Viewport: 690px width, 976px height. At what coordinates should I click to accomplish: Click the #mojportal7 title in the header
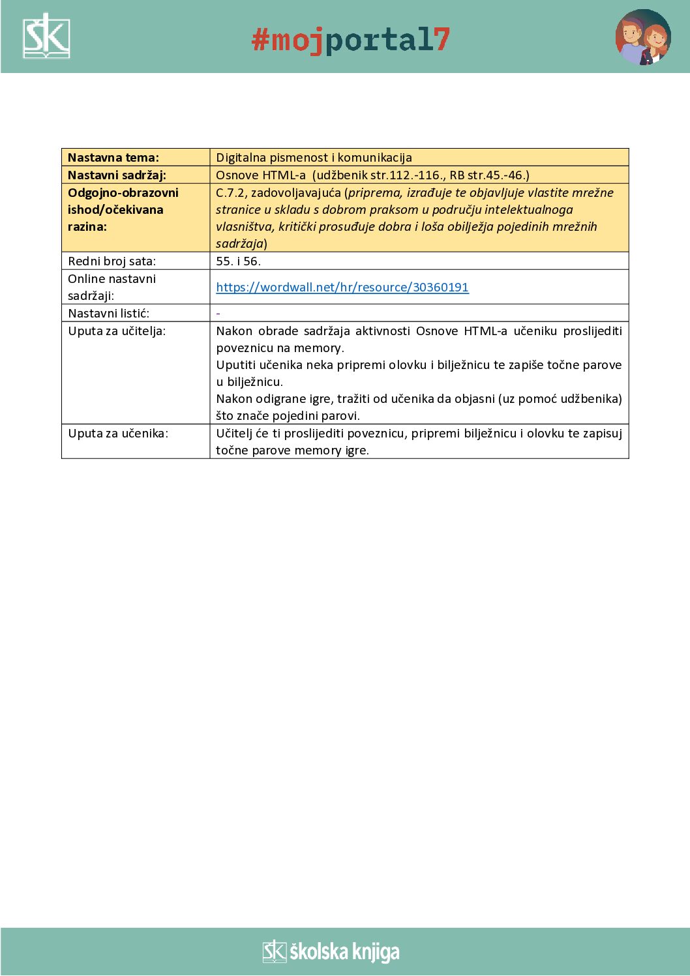click(x=350, y=40)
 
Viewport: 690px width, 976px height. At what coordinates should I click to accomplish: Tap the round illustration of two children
click(x=642, y=37)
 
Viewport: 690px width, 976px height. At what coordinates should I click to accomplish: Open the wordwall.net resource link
click(x=342, y=288)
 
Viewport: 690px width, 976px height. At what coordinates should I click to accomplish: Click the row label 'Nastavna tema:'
click(x=113, y=158)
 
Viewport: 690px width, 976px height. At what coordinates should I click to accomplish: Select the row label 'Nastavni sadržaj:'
click(x=117, y=175)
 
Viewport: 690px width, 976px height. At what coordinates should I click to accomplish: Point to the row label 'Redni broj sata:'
click(x=112, y=261)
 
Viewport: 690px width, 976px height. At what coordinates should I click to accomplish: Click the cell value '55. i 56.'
click(x=238, y=261)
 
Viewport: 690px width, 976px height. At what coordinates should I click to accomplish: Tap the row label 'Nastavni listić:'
click(x=108, y=314)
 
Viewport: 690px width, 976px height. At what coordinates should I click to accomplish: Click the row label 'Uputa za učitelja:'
click(x=117, y=331)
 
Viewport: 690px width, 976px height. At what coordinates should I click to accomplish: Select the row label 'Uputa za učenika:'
click(x=118, y=434)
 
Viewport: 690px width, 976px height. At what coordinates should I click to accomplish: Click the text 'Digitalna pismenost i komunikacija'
click(x=314, y=158)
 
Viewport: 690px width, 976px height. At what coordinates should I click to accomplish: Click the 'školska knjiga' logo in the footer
click(x=331, y=952)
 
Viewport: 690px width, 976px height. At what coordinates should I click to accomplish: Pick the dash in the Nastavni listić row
click(x=218, y=314)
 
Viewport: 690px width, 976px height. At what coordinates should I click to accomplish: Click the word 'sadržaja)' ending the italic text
click(x=241, y=244)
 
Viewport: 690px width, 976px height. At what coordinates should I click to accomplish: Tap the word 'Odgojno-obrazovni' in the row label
click(x=123, y=193)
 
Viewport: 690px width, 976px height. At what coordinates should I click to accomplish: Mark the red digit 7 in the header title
click(x=442, y=40)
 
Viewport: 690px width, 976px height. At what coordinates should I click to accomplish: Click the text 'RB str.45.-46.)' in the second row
click(x=489, y=175)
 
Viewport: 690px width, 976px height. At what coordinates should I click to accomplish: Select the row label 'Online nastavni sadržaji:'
click(x=112, y=288)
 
